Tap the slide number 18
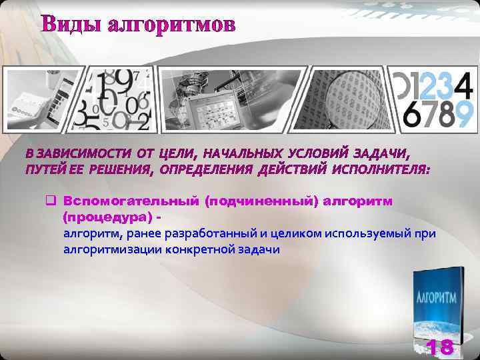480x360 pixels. [x=439, y=347]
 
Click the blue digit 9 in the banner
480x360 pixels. [x=465, y=115]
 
